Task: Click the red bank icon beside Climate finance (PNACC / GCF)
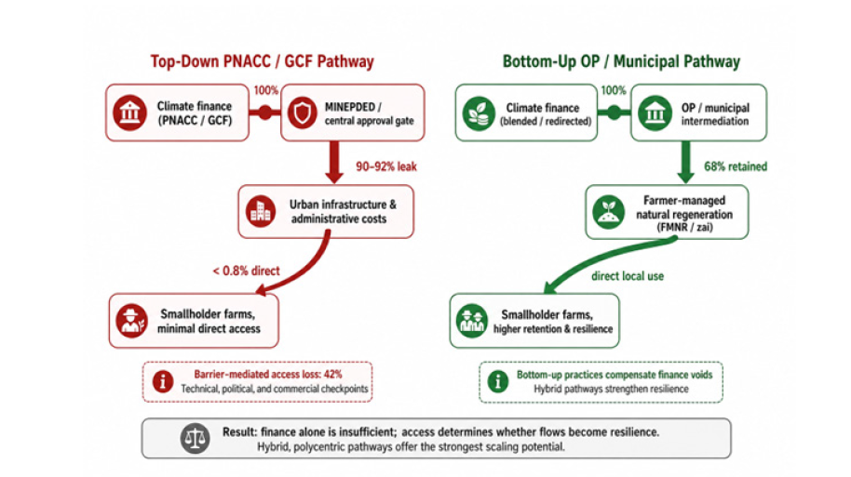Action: pos(129,113)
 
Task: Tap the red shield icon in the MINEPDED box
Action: pos(303,113)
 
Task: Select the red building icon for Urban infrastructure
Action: pos(261,211)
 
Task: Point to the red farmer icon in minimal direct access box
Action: pos(131,321)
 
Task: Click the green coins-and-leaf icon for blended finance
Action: pos(479,113)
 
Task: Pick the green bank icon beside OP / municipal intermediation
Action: pos(655,113)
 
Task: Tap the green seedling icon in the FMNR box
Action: pos(608,211)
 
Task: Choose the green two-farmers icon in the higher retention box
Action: pos(472,321)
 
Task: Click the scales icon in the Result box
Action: pos(195,439)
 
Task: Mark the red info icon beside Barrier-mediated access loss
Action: pos(163,381)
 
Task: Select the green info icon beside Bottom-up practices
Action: pos(498,381)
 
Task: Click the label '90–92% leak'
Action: pos(386,166)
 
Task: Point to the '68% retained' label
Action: pos(736,166)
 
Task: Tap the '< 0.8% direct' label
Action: pos(247,271)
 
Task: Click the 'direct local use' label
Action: pos(628,276)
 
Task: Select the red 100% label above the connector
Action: pos(266,90)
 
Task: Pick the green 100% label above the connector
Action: pos(614,90)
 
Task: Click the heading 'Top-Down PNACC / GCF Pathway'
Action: pos(263,61)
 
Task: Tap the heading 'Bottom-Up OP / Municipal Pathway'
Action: pos(621,61)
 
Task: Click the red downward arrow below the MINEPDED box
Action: pos(334,162)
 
